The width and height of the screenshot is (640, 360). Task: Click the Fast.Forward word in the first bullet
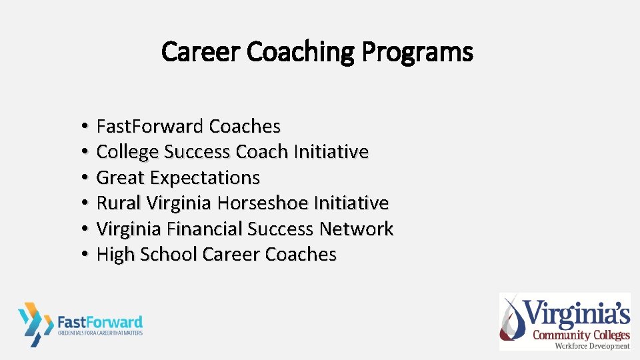pyautogui.click(x=150, y=126)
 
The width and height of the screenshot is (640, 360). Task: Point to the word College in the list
pyautogui.click(x=128, y=152)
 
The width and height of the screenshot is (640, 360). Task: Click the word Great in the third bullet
pyautogui.click(x=121, y=177)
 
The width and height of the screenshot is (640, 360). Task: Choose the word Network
pyautogui.click(x=356, y=229)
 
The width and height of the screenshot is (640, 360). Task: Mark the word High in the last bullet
pyautogui.click(x=115, y=254)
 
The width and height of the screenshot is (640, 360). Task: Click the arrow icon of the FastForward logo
pyautogui.click(x=35, y=323)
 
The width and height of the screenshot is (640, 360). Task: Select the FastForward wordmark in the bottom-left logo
pyautogui.click(x=100, y=321)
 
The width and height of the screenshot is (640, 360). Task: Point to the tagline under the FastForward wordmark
pyautogui.click(x=100, y=332)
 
